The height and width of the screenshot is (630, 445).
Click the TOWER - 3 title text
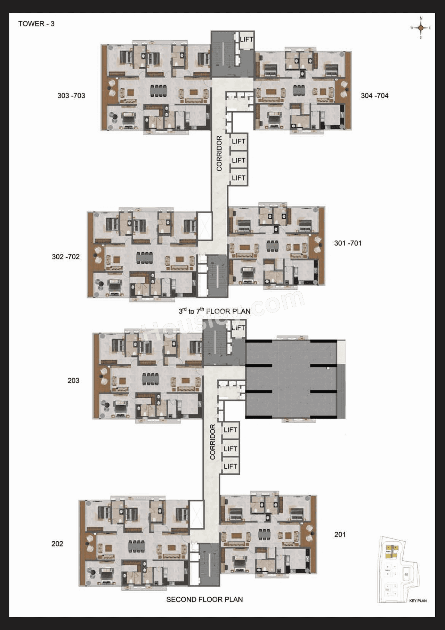tap(36, 24)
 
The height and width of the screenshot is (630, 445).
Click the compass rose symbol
tap(421, 28)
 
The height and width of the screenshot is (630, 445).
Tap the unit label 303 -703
tap(71, 96)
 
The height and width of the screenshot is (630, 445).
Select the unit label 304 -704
tap(374, 96)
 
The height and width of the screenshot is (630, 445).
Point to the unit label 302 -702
tap(66, 257)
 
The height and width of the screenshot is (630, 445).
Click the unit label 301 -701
tap(348, 243)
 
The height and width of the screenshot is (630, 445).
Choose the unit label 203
tap(73, 380)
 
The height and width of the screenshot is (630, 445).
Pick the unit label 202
tap(57, 544)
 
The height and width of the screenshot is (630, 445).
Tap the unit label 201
tap(340, 534)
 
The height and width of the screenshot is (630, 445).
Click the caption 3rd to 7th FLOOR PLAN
tap(215, 311)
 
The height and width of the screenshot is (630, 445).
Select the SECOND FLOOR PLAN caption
tap(204, 599)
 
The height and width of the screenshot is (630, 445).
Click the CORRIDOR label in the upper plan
tap(219, 153)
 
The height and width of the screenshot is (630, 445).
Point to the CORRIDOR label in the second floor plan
tap(213, 442)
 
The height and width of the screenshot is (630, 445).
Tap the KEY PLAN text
tap(418, 600)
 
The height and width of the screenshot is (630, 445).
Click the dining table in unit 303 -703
tap(159, 91)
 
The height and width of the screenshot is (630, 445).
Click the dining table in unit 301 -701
tap(272, 245)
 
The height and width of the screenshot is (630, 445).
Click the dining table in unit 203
tap(151, 379)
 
